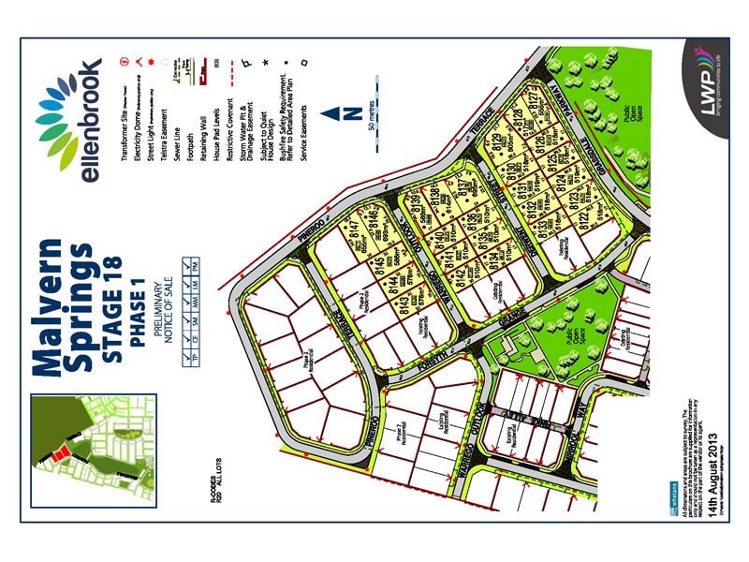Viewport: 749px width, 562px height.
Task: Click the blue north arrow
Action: [x=330, y=115]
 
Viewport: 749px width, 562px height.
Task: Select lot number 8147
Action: [x=360, y=226]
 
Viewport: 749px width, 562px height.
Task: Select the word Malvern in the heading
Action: [x=52, y=309]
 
